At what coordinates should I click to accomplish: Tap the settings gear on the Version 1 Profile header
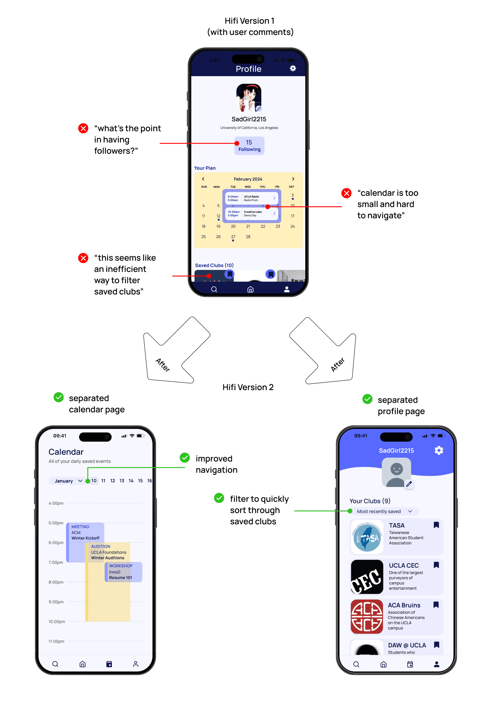coord(293,68)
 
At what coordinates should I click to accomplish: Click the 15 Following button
coord(249,146)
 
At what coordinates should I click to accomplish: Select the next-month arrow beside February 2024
coord(293,179)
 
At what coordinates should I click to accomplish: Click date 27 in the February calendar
coord(233,237)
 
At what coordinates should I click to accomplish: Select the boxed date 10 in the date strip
coord(94,481)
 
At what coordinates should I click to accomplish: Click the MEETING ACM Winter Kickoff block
coord(85,533)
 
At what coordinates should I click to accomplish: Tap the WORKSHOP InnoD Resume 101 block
coord(123,572)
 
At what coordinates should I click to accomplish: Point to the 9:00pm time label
coord(56,602)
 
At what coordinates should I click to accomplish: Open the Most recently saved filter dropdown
coord(384,511)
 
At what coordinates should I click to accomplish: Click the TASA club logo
coord(367,537)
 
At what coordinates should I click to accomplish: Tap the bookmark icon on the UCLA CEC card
coord(436,565)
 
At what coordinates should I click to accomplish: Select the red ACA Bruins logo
coord(367,617)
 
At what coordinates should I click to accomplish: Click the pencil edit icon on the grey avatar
coord(409,484)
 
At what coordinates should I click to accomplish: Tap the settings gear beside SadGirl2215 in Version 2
coord(439,450)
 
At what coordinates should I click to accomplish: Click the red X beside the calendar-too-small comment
coord(346,193)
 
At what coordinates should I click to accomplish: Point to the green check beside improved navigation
coord(184,458)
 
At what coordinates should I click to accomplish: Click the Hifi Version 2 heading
coord(248,387)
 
